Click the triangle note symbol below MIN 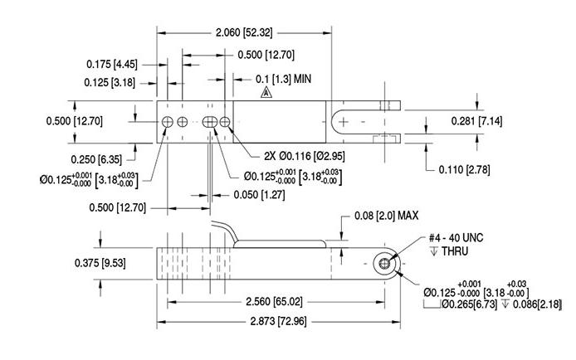tap(265, 95)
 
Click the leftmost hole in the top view tap(168, 122)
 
